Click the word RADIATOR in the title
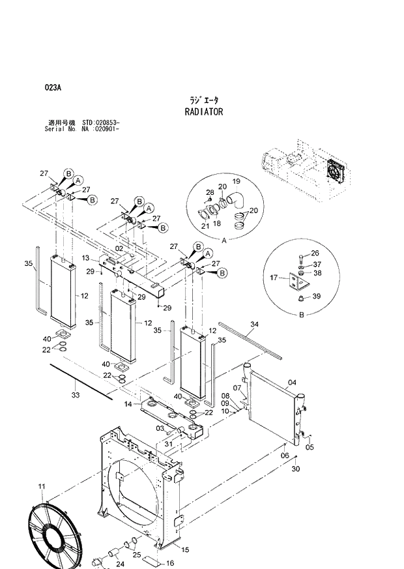pos(204,112)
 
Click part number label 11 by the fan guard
pos(42,486)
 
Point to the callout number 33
pos(75,395)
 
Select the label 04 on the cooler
pos(292,383)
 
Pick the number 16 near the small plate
pos(170,563)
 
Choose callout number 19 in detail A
pos(237,181)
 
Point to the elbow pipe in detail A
pos(238,201)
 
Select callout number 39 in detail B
pos(316,297)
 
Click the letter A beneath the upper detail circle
pos(224,241)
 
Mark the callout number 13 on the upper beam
pos(86,258)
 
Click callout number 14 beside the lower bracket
pos(128,405)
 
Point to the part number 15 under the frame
pos(185,550)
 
